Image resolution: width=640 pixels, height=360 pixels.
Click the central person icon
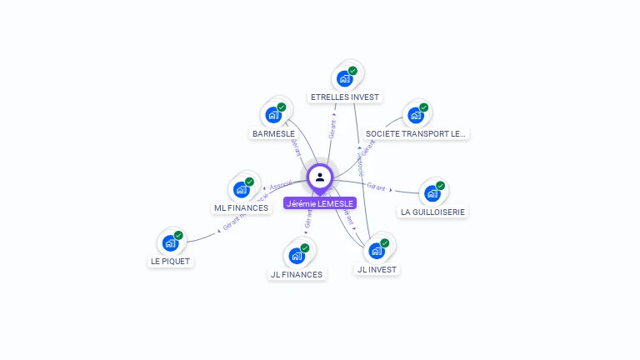(x=320, y=177)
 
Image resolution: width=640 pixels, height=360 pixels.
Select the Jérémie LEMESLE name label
(x=320, y=203)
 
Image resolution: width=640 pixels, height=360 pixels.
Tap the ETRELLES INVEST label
(x=345, y=97)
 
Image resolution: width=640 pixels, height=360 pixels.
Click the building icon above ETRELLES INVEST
(x=344, y=79)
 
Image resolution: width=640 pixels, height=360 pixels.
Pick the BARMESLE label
(x=273, y=133)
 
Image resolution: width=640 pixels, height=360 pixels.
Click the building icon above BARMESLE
(x=273, y=115)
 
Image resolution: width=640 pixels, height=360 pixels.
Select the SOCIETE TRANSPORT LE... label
(x=417, y=133)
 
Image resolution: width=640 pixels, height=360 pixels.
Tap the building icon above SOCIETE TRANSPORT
(x=415, y=115)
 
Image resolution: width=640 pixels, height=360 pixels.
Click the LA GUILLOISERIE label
(x=433, y=212)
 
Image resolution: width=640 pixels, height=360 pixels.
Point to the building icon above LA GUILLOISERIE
(x=432, y=193)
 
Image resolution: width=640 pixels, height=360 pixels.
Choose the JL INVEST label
(x=377, y=269)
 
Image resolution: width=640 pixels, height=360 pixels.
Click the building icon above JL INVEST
(x=377, y=250)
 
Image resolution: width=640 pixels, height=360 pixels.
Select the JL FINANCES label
(x=297, y=274)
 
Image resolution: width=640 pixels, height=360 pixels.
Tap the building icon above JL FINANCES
(x=296, y=256)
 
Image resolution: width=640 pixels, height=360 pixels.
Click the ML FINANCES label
(x=242, y=207)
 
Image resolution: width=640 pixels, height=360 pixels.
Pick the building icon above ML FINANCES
(x=242, y=189)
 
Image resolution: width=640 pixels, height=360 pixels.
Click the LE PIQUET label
(x=171, y=261)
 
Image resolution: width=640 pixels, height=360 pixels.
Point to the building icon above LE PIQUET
(x=170, y=243)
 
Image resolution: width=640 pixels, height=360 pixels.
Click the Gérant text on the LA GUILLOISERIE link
(x=377, y=186)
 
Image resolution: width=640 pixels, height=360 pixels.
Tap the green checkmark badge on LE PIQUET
(x=178, y=236)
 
